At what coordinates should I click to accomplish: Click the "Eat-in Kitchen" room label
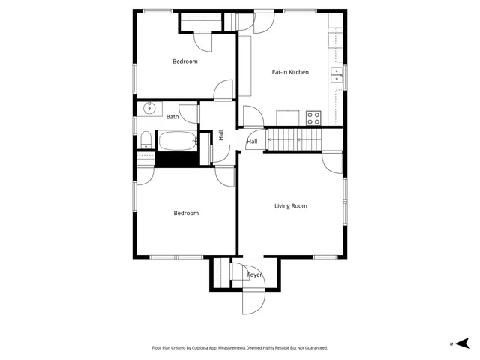click(290, 72)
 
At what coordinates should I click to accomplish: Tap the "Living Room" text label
click(290, 205)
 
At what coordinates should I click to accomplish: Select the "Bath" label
click(172, 116)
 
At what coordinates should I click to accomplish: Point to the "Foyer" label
click(255, 275)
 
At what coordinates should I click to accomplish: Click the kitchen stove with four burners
click(313, 118)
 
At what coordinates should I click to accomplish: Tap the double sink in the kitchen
click(337, 74)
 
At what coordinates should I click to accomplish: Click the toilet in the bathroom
click(145, 139)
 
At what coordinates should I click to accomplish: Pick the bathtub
click(176, 140)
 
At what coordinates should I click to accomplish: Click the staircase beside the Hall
click(295, 138)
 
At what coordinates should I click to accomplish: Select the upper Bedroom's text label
click(185, 61)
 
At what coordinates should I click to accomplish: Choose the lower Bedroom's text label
click(186, 213)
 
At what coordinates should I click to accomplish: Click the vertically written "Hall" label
click(221, 135)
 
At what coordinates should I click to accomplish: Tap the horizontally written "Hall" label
click(252, 141)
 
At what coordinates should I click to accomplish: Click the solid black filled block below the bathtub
click(175, 159)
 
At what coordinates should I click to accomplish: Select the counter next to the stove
click(289, 118)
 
